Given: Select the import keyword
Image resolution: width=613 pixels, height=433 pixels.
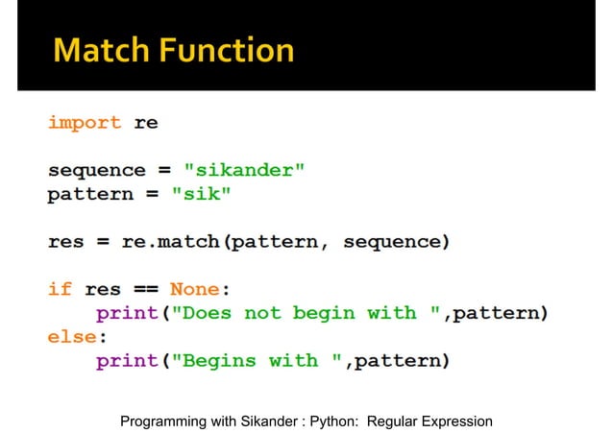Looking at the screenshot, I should point(85,123).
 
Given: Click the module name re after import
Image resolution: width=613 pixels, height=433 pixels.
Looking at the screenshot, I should point(146,123).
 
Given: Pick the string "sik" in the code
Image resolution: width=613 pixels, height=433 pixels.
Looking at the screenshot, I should point(202,195).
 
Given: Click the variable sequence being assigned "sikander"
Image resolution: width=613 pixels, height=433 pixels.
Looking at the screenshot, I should point(96,171).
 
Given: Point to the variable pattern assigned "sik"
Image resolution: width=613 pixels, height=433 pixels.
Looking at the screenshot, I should point(90,195).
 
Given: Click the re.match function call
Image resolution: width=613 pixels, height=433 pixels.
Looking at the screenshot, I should point(171,242).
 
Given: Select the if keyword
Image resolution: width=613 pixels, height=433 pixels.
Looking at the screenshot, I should point(60,289).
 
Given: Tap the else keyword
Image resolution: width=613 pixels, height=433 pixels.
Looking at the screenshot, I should point(72,337).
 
